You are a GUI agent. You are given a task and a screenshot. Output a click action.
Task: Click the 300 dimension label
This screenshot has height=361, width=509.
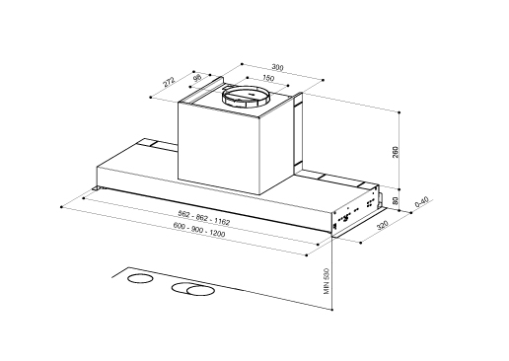[x=277, y=67]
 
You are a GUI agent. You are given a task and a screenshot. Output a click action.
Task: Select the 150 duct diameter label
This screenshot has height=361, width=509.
[x=268, y=78]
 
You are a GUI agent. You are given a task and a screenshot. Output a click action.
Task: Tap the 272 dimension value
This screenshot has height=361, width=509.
[x=170, y=82]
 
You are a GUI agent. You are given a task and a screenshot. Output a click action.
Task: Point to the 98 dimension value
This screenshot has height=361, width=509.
[x=197, y=78]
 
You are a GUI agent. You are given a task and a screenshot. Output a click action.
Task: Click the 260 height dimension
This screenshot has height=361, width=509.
[x=396, y=152]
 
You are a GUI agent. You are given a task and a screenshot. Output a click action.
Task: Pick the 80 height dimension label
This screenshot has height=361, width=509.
[x=396, y=200]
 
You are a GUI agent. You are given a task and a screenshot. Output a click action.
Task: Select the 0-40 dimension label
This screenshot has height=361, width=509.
[x=422, y=201]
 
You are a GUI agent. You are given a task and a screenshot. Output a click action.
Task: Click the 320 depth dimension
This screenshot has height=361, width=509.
[x=382, y=226]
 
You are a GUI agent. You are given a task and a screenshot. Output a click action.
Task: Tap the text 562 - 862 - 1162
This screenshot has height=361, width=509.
[x=203, y=218]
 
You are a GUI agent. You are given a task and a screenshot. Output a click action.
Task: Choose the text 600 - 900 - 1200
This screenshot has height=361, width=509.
[x=199, y=229]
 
